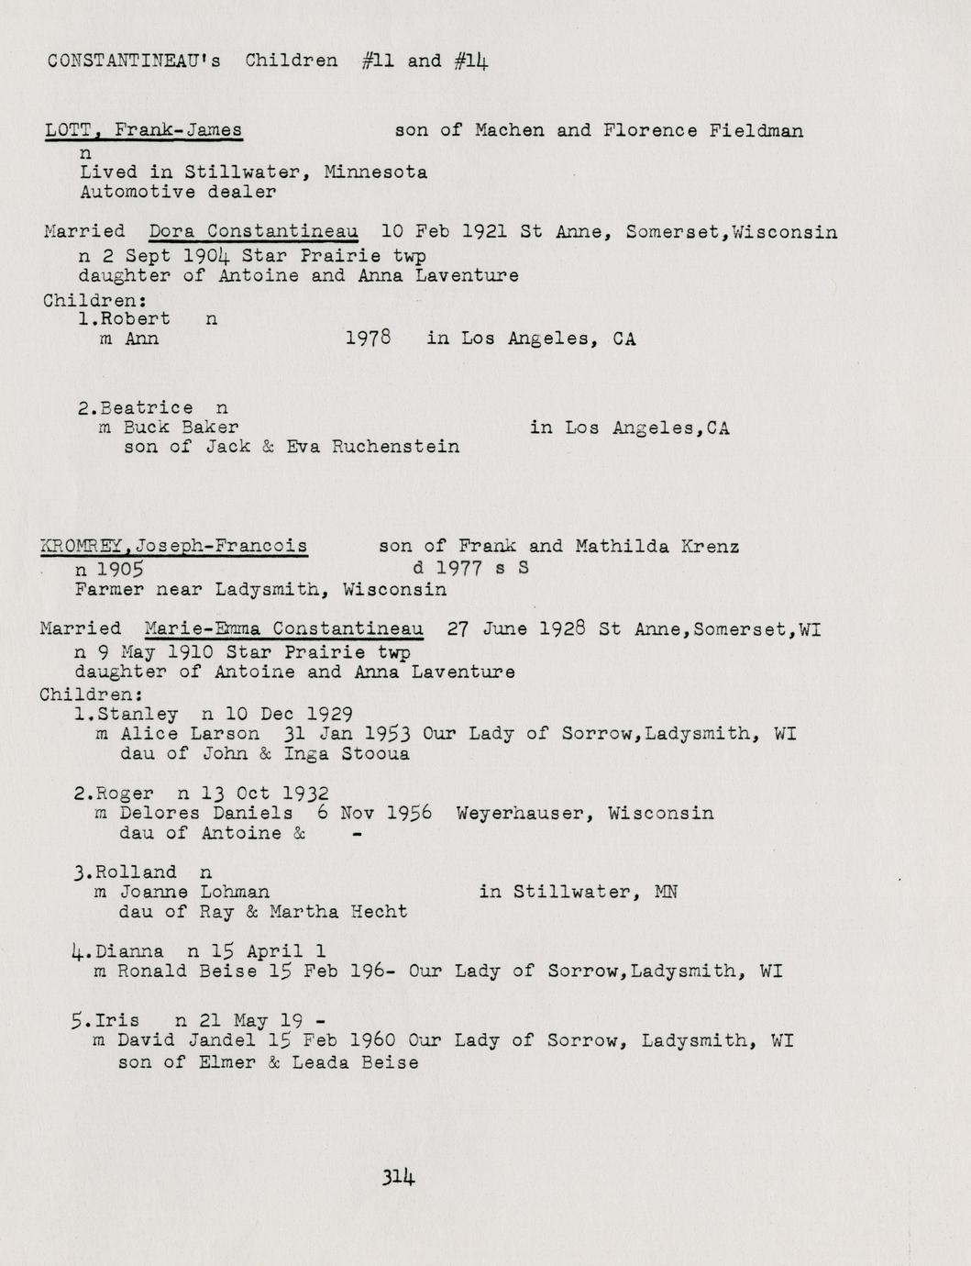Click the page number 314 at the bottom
[x=399, y=1177]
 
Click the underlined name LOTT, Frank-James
[x=143, y=130]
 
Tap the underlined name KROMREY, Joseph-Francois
[x=173, y=547]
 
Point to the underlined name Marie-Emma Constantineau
[x=283, y=628]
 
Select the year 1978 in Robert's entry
[x=369, y=339]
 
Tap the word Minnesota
[x=376, y=172]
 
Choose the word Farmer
[x=109, y=589]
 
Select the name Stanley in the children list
[x=138, y=714]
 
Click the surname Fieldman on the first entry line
[x=756, y=130]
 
